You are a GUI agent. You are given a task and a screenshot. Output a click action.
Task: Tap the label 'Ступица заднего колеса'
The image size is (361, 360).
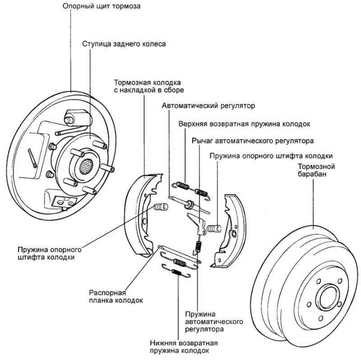tap(124, 44)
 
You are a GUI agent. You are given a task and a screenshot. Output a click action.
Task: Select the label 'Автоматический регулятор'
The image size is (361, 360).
tap(208, 106)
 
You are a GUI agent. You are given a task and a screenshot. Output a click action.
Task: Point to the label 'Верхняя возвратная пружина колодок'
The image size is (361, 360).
tap(245, 123)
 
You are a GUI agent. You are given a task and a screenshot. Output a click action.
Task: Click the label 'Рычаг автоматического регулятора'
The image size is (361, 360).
tap(253, 141)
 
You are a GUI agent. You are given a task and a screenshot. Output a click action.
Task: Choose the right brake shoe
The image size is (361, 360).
tap(231, 230)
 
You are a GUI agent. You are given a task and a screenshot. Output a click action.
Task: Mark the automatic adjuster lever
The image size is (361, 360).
tap(198, 220)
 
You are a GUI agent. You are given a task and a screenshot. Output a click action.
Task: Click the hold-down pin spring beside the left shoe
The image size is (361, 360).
tap(160, 206)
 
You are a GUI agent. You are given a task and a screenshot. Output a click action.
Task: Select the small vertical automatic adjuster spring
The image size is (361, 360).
tap(198, 246)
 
